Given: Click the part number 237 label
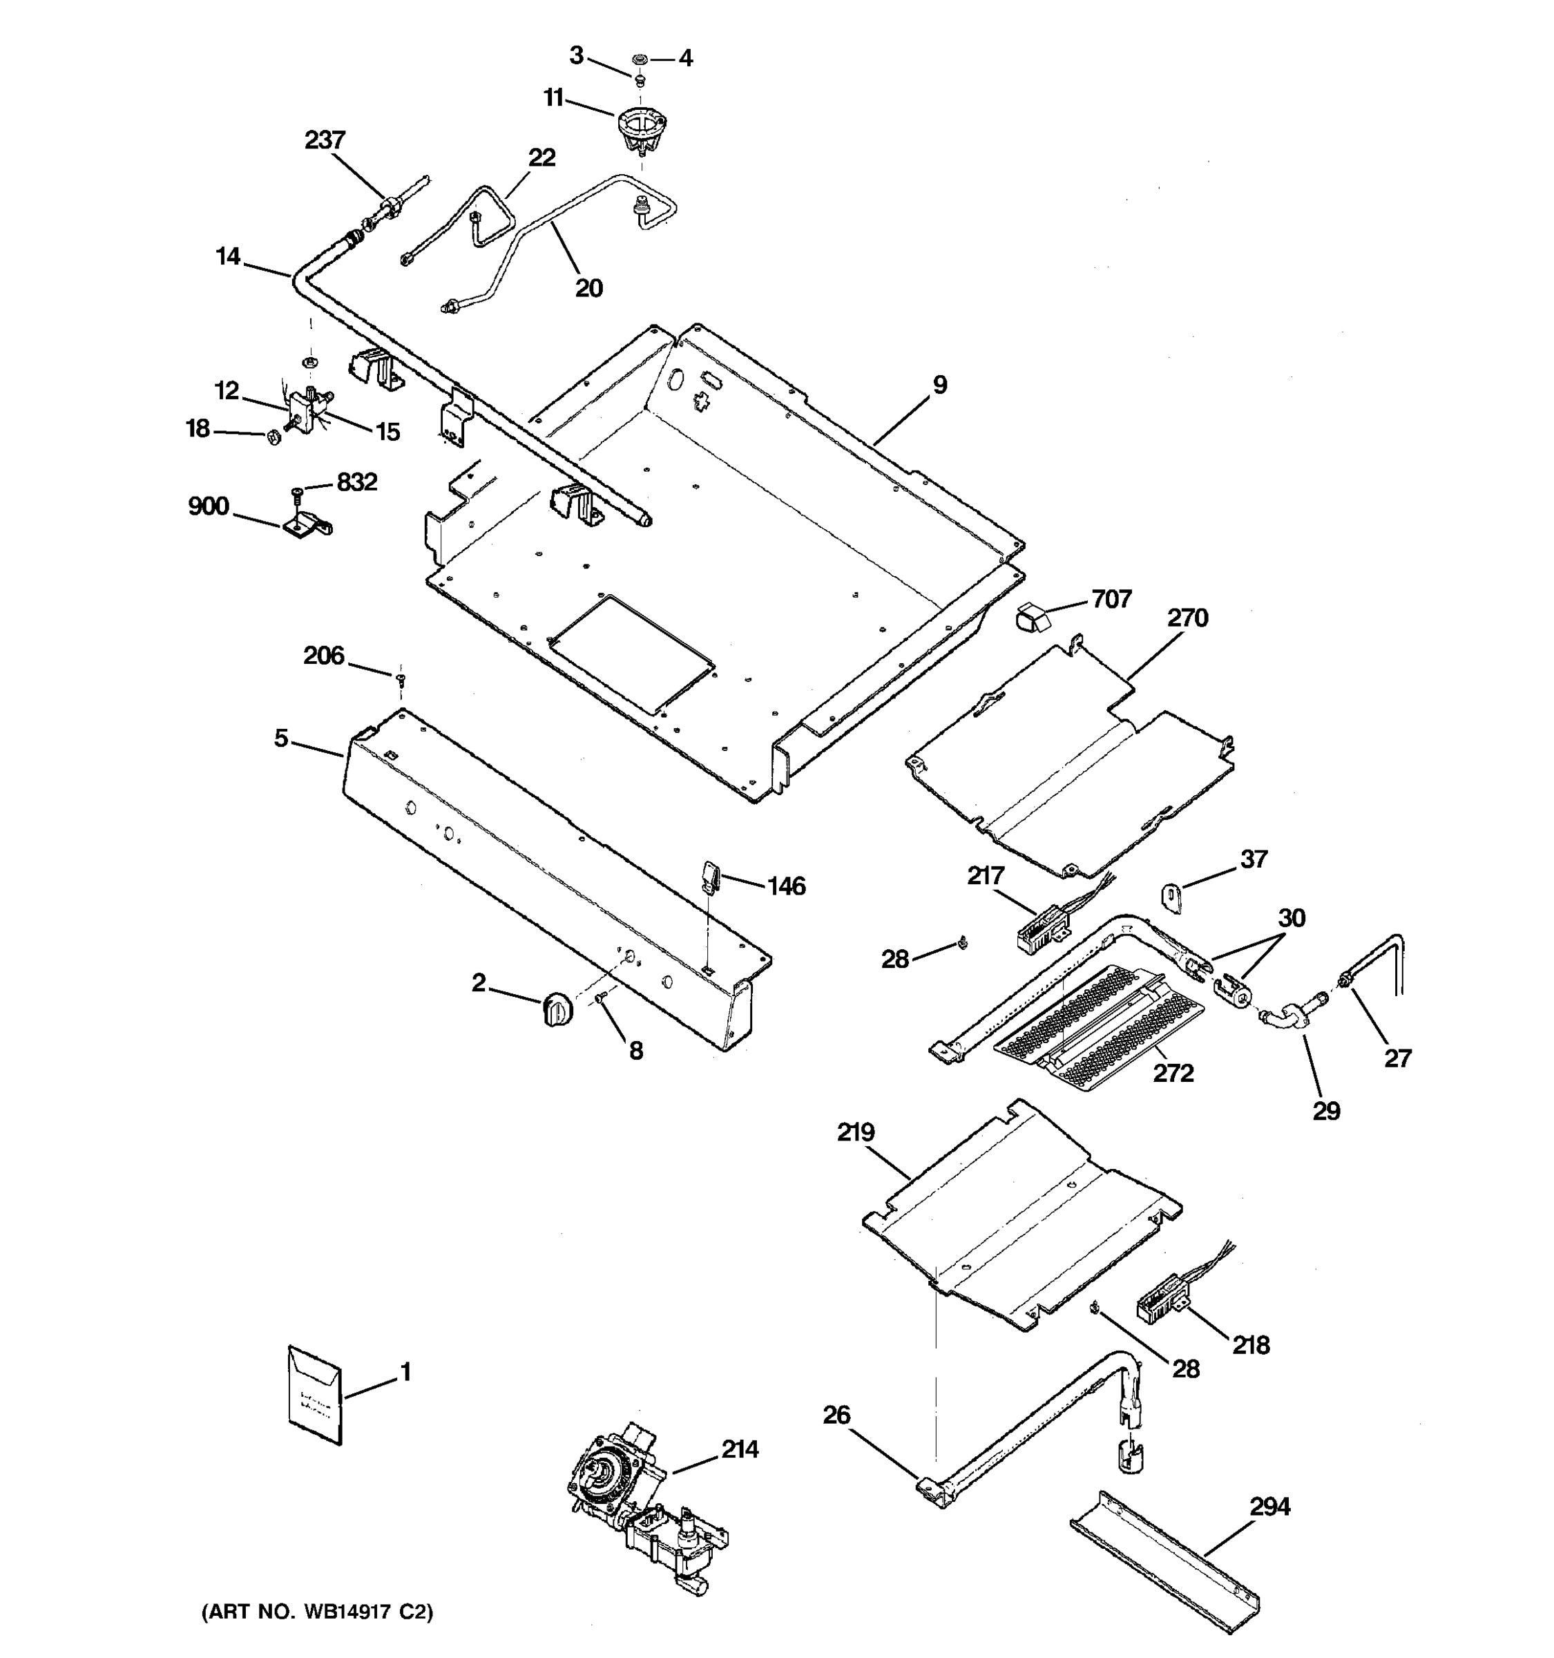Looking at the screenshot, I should (325, 140).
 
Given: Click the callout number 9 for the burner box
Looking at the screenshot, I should (939, 385).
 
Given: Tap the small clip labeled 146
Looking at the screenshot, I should (710, 878).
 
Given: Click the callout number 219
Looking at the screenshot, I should (855, 1132).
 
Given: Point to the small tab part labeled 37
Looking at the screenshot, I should (1172, 897).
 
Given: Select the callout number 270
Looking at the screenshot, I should (1187, 618).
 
